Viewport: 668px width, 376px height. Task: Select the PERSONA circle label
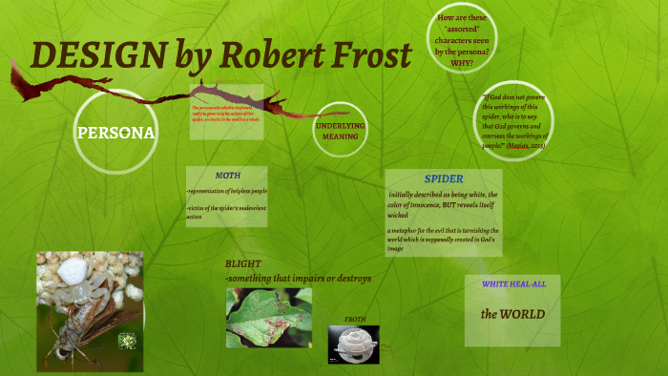[115, 132]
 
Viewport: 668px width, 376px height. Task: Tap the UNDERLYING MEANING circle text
[341, 131]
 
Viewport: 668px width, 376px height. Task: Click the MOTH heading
[227, 176]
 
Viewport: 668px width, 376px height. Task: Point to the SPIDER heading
[443, 178]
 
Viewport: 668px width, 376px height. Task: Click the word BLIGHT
[243, 262]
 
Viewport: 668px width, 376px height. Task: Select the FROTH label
[354, 319]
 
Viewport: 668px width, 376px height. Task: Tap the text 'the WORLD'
[512, 313]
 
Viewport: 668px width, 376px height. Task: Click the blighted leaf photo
[268, 318]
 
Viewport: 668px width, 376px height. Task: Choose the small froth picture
[353, 344]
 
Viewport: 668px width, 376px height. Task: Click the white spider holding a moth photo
[90, 310]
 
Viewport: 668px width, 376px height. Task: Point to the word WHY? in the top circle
[462, 63]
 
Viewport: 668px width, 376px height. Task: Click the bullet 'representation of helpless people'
[226, 193]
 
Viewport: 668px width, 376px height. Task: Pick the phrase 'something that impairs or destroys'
[298, 278]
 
